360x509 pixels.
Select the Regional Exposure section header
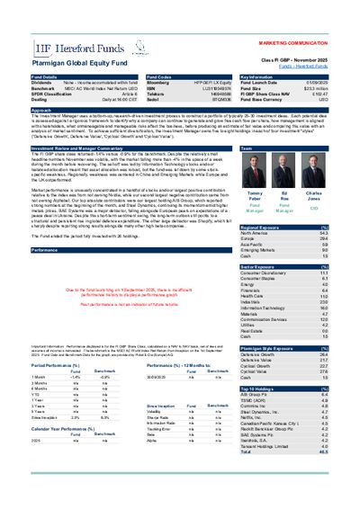pyautogui.click(x=260, y=228)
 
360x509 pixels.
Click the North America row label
pyautogui.click(x=256, y=235)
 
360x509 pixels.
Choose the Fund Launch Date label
pyautogui.click(x=262, y=84)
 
